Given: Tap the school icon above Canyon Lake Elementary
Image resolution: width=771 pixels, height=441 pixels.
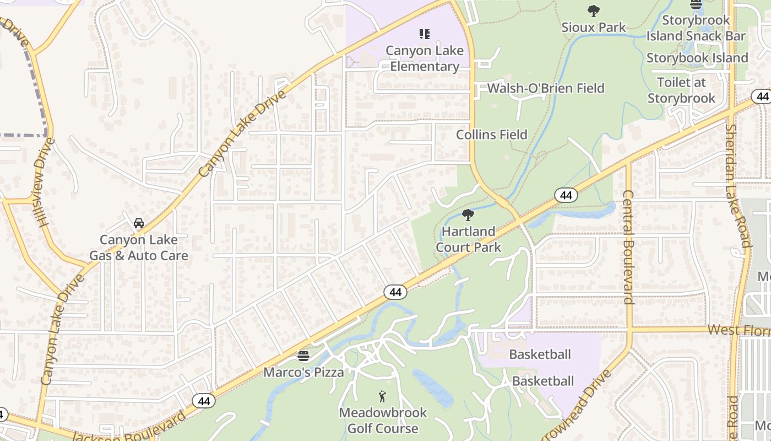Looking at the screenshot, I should coord(424,34).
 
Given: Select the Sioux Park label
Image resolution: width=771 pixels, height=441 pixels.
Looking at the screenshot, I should coord(594,27).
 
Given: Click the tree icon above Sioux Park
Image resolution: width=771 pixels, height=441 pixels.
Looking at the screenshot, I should coord(593,10).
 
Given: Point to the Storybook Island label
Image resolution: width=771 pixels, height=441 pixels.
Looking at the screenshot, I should coord(697,58).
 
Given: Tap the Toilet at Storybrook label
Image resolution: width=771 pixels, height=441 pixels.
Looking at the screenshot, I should coord(681,90).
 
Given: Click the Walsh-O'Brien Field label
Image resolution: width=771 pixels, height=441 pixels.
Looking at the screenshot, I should coord(545,88).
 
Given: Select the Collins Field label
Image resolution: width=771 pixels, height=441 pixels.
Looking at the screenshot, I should coord(491,135).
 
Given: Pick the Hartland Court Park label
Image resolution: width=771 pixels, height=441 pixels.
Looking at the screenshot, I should coord(469,239).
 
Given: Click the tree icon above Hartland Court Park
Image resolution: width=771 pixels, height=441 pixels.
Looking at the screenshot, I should coord(468,215).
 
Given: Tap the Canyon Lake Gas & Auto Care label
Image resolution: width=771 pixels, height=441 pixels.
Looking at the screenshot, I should coord(139,248).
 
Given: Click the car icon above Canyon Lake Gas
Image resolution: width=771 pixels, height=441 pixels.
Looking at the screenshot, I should coord(139,223).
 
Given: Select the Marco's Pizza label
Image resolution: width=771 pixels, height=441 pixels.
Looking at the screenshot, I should coord(303,372).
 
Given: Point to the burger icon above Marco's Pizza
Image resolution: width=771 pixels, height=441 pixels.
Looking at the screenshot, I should coord(303,356).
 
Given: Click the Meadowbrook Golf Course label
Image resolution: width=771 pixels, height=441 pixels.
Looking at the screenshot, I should coord(383,420).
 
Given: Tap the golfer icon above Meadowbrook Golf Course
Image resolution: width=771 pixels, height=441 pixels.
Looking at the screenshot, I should coord(382,396).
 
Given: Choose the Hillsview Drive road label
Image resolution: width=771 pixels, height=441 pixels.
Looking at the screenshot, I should coord(45,182).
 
